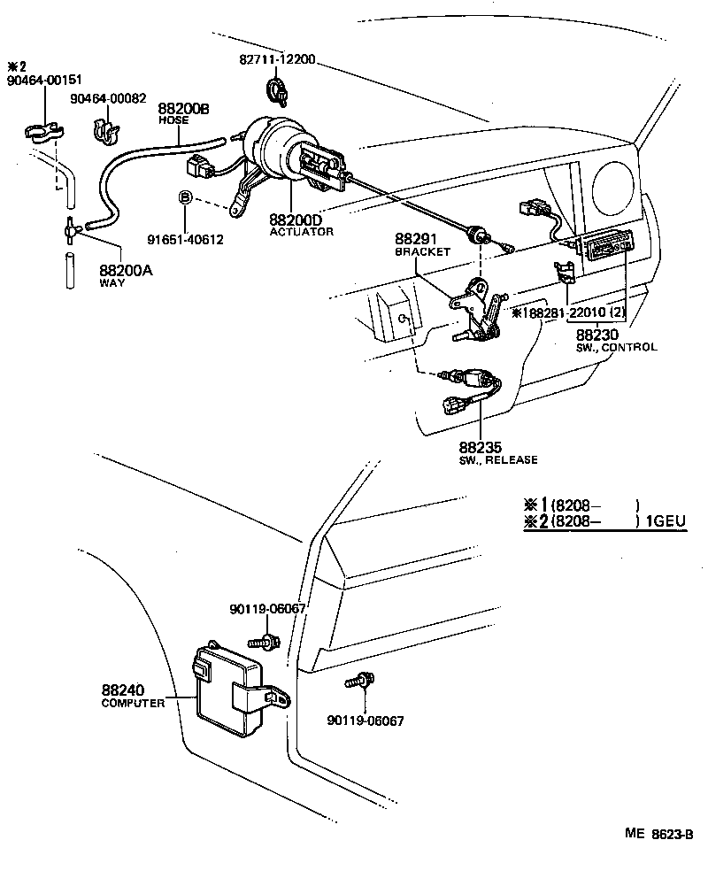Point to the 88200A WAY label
tap(125, 275)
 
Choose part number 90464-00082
tap(109, 98)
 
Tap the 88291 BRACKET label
tap(422, 245)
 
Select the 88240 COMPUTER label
tap(133, 697)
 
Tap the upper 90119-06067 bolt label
tap(267, 608)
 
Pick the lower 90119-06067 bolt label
tap(365, 721)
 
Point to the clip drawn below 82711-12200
tap(277, 89)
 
